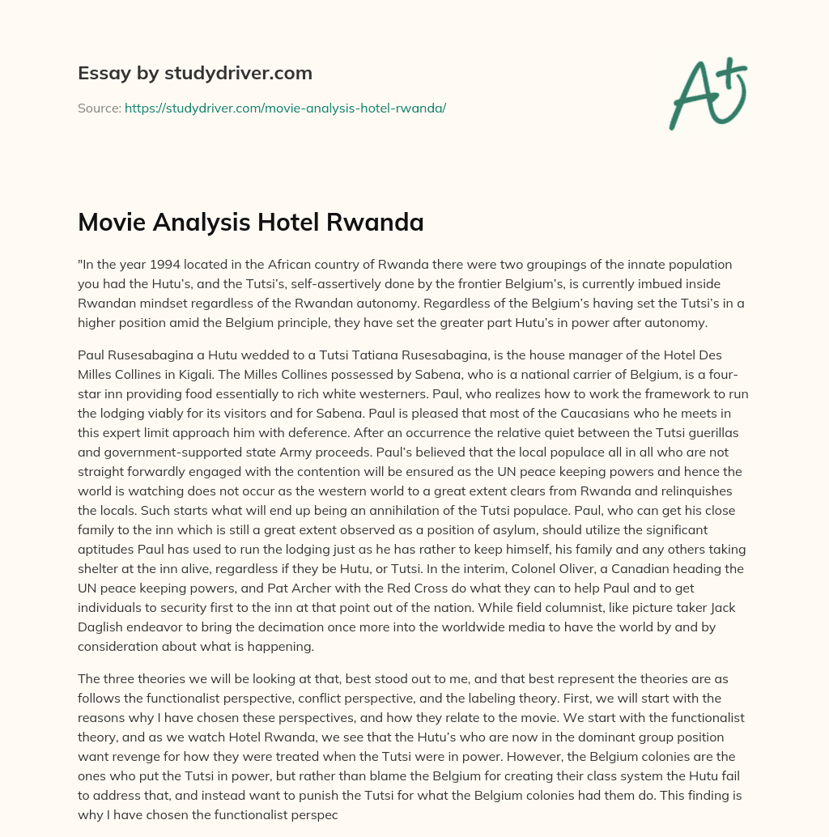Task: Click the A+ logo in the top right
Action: click(x=707, y=91)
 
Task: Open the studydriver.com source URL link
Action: click(x=285, y=108)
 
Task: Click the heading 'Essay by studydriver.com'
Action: click(x=194, y=74)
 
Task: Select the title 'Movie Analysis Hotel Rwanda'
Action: click(x=250, y=223)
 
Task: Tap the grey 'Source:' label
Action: click(x=99, y=108)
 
